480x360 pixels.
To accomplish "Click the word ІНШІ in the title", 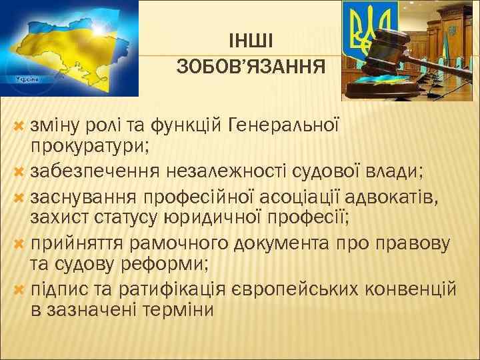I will tap(250, 42).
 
